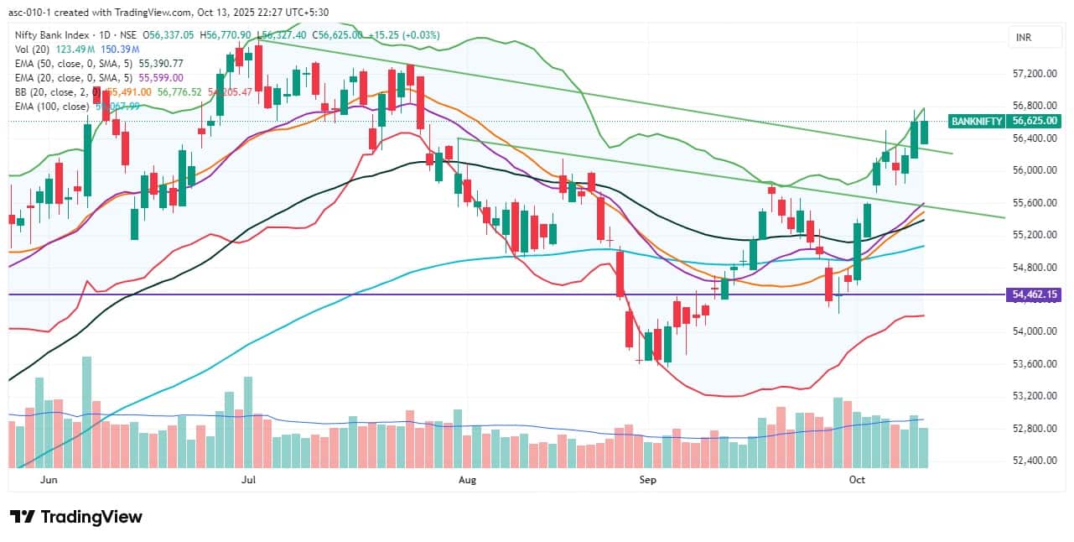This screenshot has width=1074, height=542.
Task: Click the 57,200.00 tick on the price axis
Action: (1032, 74)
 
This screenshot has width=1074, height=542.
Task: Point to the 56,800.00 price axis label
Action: (1032, 106)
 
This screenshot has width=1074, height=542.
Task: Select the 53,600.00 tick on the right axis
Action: (1032, 363)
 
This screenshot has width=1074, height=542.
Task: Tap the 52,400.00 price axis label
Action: (1032, 460)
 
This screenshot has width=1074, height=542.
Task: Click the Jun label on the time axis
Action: (49, 480)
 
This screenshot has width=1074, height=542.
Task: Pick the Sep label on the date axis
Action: (647, 480)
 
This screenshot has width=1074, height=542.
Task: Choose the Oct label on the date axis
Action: (857, 480)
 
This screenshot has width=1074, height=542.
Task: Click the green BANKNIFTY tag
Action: (977, 121)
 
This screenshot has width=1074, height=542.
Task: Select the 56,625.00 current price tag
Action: (1032, 121)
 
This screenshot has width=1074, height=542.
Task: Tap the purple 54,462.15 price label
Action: (1032, 294)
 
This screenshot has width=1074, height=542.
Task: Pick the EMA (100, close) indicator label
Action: (51, 107)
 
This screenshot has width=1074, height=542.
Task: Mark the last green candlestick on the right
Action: (924, 132)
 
